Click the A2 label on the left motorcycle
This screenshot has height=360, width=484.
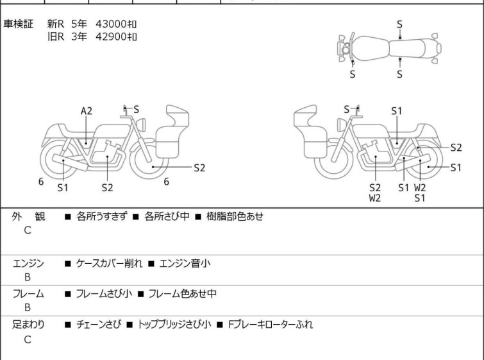tap(87, 111)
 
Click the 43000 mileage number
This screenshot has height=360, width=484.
tap(111, 24)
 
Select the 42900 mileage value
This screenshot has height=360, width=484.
tap(111, 37)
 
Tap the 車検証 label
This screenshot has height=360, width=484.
tap(19, 24)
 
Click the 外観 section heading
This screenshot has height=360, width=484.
tap(28, 216)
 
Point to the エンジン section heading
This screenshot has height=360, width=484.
tap(28, 263)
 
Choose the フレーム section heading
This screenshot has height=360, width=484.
tap(28, 293)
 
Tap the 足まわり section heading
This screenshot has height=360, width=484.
tap(28, 324)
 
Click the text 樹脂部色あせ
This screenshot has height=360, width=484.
tap(235, 216)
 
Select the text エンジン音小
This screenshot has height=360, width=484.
tap(185, 263)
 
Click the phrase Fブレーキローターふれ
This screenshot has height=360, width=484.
tap(271, 324)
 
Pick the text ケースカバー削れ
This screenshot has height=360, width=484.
tap(109, 263)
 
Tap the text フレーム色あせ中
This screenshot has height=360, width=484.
tap(183, 293)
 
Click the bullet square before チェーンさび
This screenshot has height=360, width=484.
tap(68, 325)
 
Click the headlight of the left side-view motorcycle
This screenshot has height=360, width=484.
tap(141, 124)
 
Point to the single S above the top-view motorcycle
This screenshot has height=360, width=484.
tap(399, 24)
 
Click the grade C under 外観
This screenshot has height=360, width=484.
tap(28, 230)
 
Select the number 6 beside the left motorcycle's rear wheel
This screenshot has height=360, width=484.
tap(41, 182)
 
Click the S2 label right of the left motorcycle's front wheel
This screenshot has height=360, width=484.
tap(199, 167)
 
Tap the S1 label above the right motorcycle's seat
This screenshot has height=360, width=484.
tap(397, 111)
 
